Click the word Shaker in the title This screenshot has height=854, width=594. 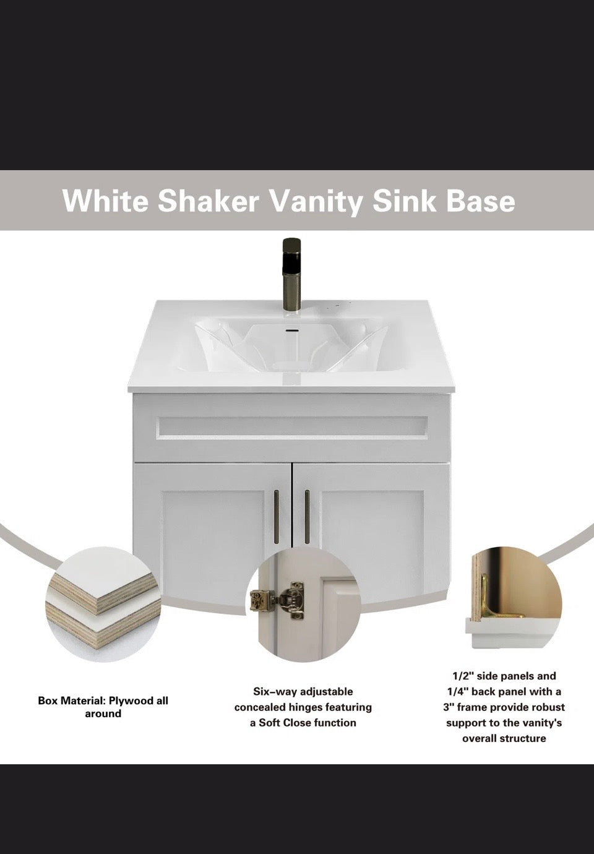[207, 201]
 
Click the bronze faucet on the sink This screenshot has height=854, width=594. [291, 272]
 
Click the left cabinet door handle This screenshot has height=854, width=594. [277, 508]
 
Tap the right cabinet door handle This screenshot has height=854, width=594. [307, 508]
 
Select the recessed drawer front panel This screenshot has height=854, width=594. [291, 428]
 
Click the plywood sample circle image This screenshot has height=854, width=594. [103, 605]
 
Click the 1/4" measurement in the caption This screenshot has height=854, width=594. [457, 691]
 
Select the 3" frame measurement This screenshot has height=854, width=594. [450, 707]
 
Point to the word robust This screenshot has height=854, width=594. [546, 707]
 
